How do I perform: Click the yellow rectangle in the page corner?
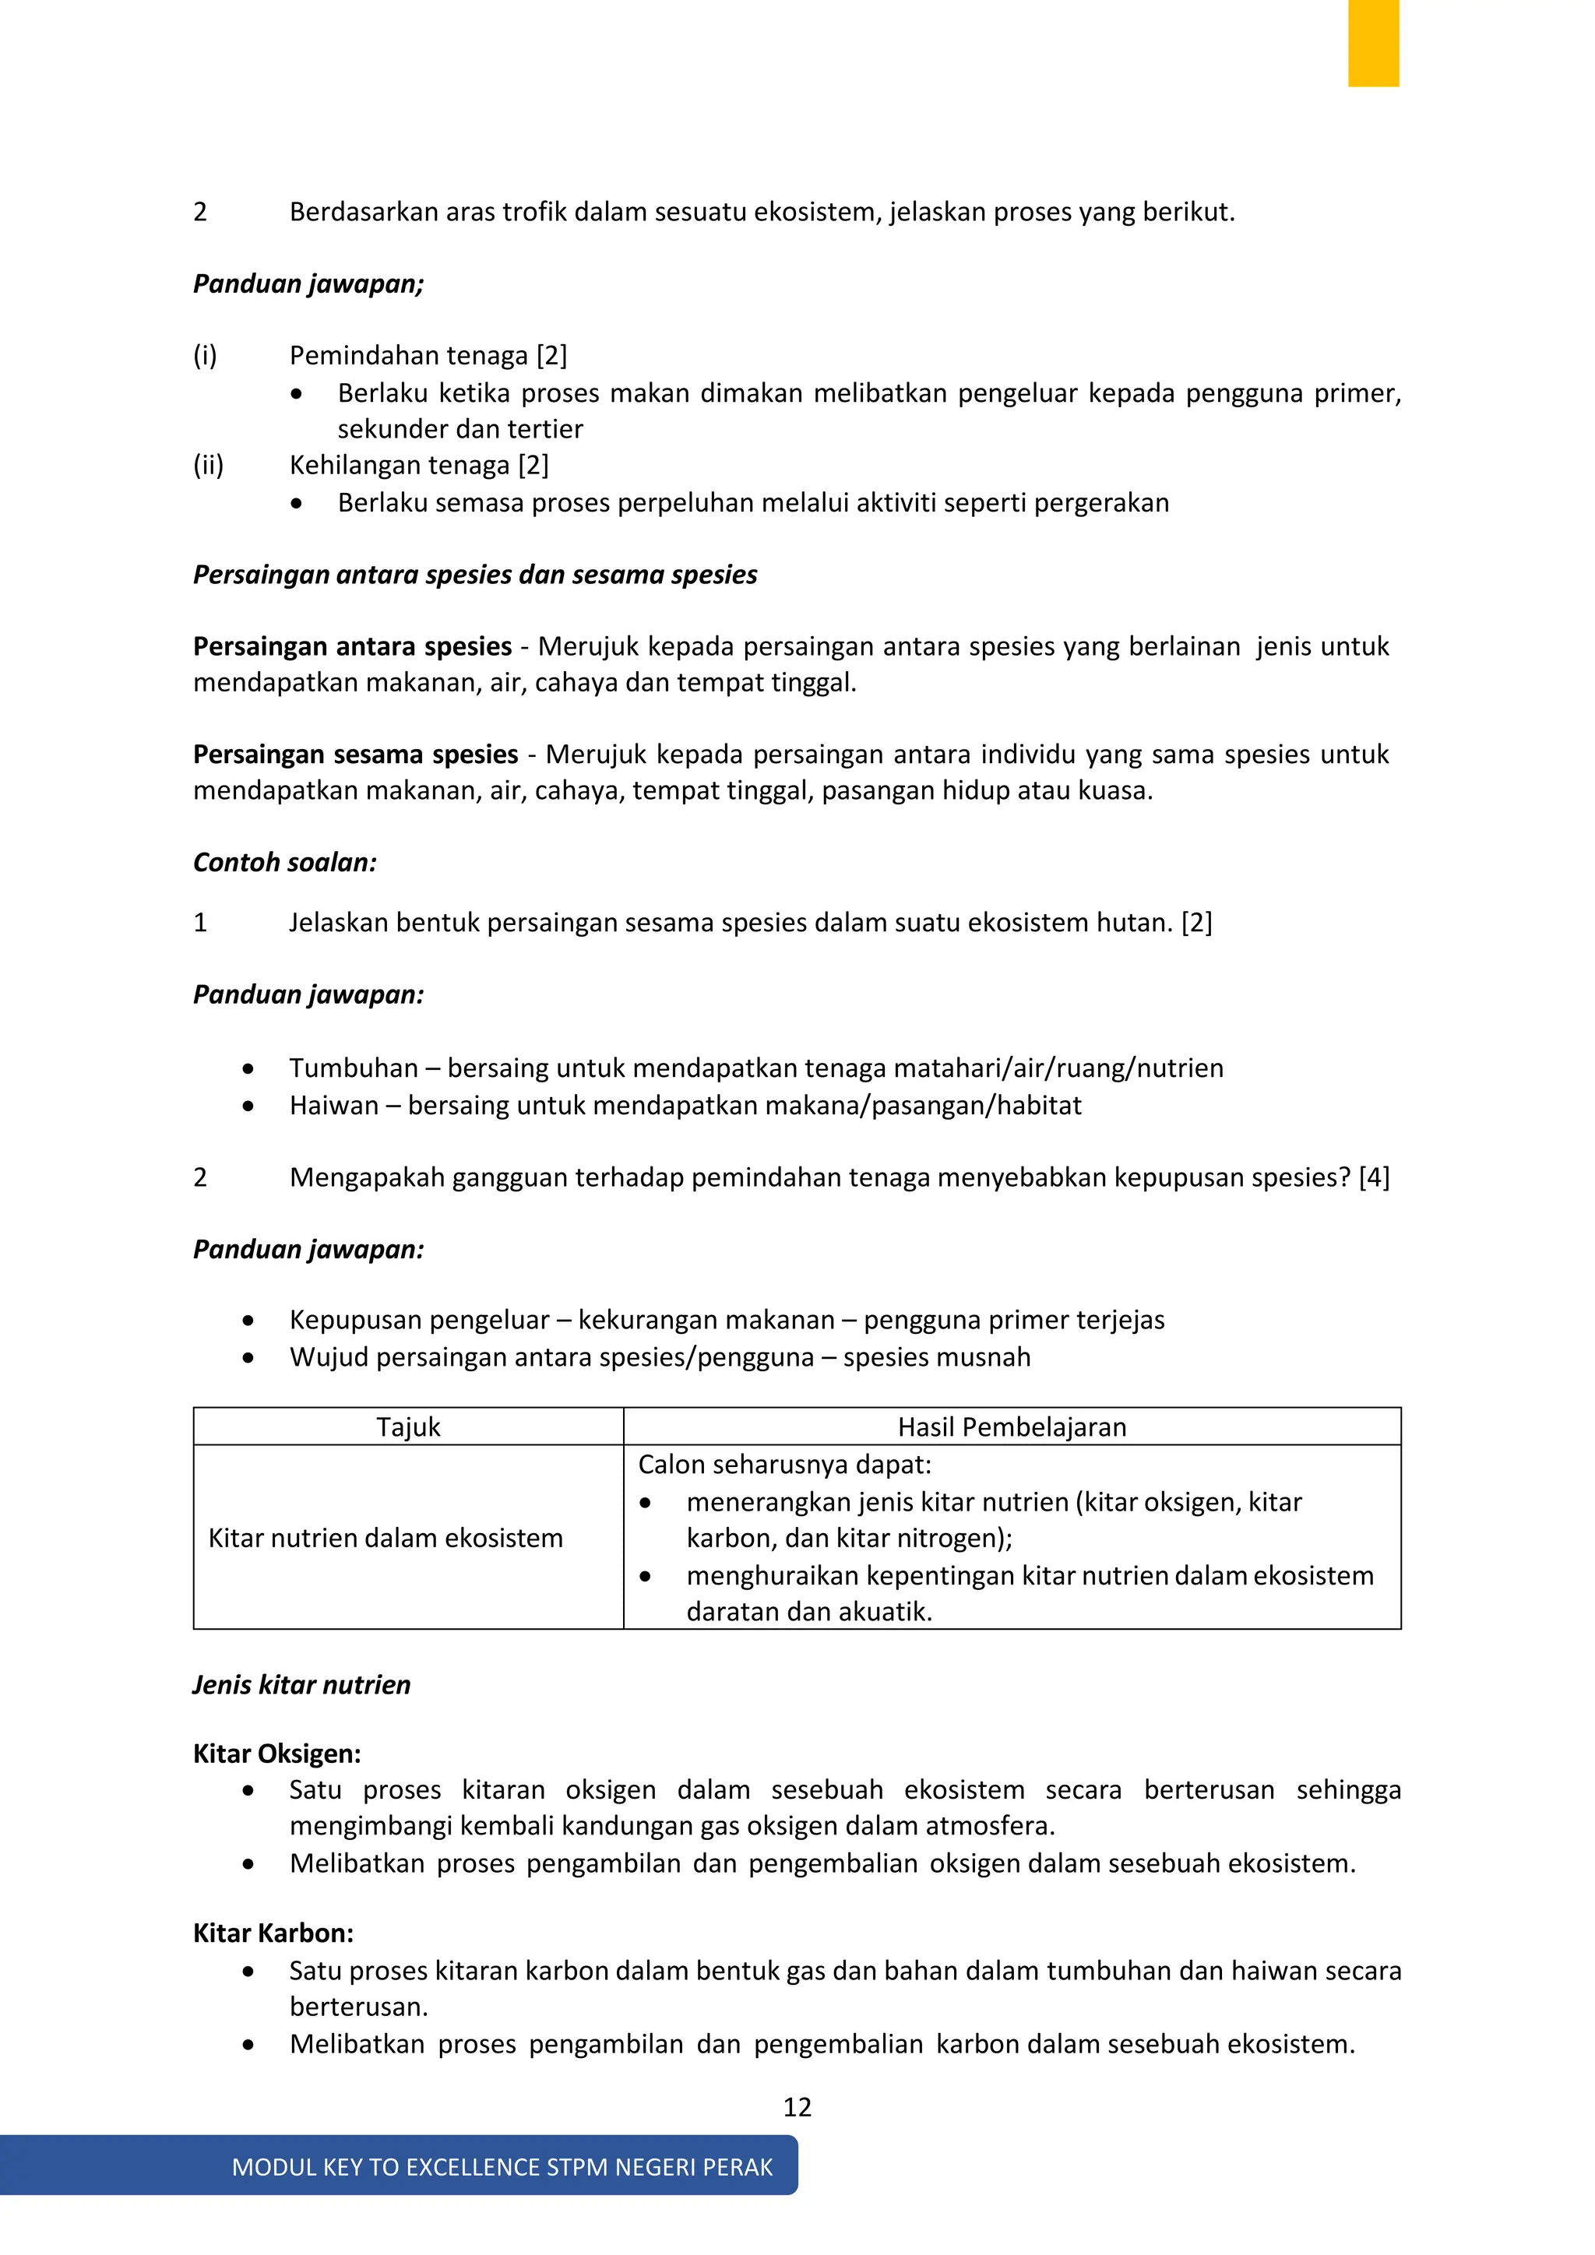(1372, 43)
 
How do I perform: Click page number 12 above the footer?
(797, 2107)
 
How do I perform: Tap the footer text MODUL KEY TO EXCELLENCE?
(501, 2168)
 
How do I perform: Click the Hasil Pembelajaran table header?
(1012, 1427)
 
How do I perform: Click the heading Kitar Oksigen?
(277, 1754)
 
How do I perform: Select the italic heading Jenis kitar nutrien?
(301, 1685)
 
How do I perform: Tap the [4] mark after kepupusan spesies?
(1374, 1177)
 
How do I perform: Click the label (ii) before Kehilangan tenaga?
(208, 465)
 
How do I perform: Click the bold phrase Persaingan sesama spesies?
(356, 755)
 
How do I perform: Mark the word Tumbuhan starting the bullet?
(354, 1068)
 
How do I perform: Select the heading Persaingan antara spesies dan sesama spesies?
(474, 575)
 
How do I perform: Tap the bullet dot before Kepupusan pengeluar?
(248, 1321)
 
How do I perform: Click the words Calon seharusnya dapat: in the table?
(783, 1465)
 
